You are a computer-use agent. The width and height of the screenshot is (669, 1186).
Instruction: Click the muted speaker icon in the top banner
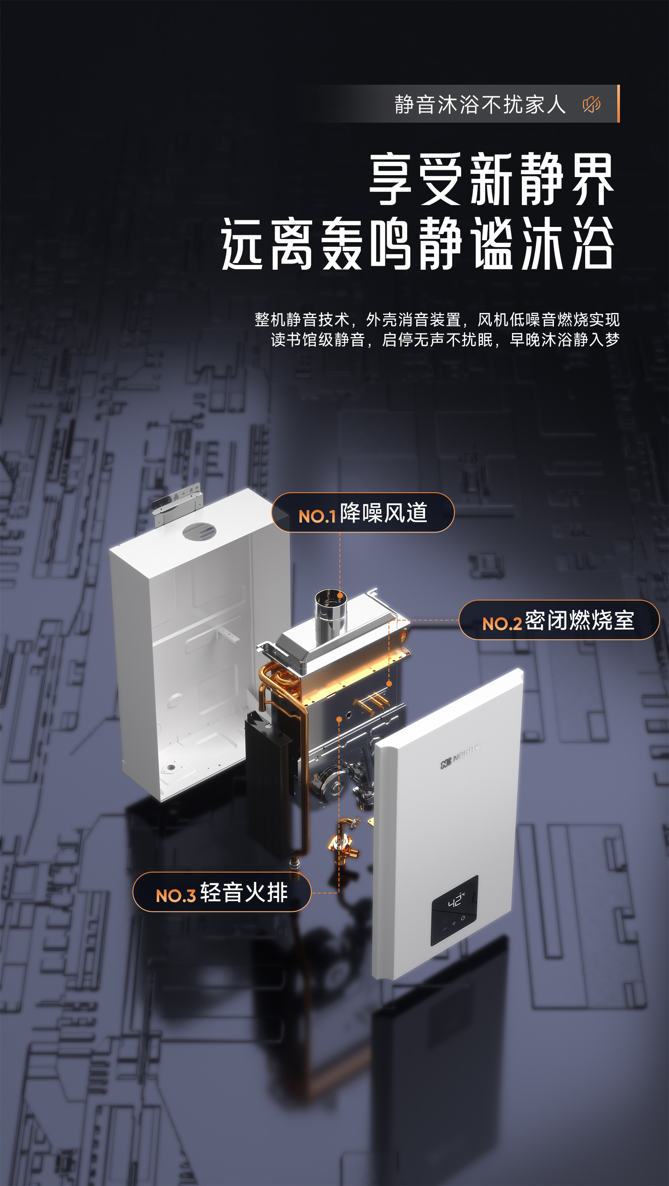592,104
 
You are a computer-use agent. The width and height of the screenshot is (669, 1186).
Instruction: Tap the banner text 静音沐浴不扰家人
480,104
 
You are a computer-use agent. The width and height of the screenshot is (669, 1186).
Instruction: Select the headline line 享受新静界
492,179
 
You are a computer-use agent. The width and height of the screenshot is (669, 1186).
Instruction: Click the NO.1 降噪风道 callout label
363,512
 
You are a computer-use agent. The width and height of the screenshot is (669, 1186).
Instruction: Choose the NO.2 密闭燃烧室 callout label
559,620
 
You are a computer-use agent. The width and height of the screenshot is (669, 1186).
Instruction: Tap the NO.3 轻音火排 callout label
222,892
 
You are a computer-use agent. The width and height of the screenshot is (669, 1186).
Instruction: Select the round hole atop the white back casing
199,532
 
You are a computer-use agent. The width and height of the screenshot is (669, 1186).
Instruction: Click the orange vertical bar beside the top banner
618,103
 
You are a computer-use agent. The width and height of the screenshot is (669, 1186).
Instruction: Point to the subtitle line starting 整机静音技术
437,319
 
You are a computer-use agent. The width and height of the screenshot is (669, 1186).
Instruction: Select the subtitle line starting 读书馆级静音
445,340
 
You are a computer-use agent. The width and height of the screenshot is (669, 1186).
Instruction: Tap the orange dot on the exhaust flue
340,595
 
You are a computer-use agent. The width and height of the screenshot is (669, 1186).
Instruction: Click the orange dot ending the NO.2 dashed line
389,684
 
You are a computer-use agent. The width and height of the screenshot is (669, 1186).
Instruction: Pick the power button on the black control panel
463,918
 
